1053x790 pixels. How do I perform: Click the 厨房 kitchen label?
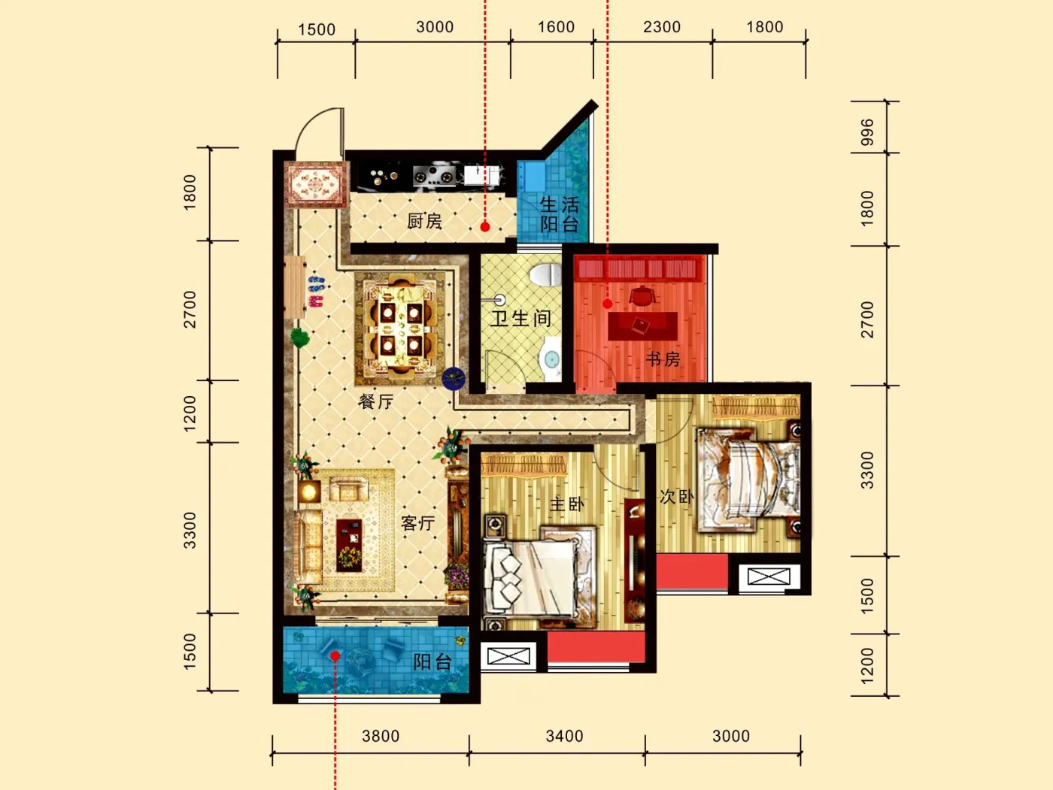pos(424,221)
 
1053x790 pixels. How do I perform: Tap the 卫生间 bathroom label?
pos(520,318)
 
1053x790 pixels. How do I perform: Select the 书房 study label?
pos(663,359)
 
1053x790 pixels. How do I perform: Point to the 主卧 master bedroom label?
pos(566,504)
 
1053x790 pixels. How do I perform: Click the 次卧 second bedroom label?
pos(676,497)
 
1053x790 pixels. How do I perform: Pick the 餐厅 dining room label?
pos(375,401)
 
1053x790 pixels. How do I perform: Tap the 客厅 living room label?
pos(418,523)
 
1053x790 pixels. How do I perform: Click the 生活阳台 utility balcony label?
pos(559,214)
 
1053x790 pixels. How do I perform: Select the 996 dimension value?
pos(867,132)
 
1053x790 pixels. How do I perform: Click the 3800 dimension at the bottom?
pos(381,736)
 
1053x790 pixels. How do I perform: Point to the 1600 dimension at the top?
pos(556,27)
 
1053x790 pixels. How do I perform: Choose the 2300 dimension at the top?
pos(662,27)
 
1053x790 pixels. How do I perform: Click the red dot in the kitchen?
pos(485,227)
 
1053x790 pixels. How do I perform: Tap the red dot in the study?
pos(607,304)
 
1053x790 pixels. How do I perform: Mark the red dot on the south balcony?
pos(335,655)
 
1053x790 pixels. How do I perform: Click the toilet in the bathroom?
pos(545,274)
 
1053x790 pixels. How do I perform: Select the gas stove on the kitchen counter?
pos(435,176)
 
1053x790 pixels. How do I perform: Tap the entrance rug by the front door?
pos(316,184)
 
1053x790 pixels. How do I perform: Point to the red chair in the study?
pos(643,295)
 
